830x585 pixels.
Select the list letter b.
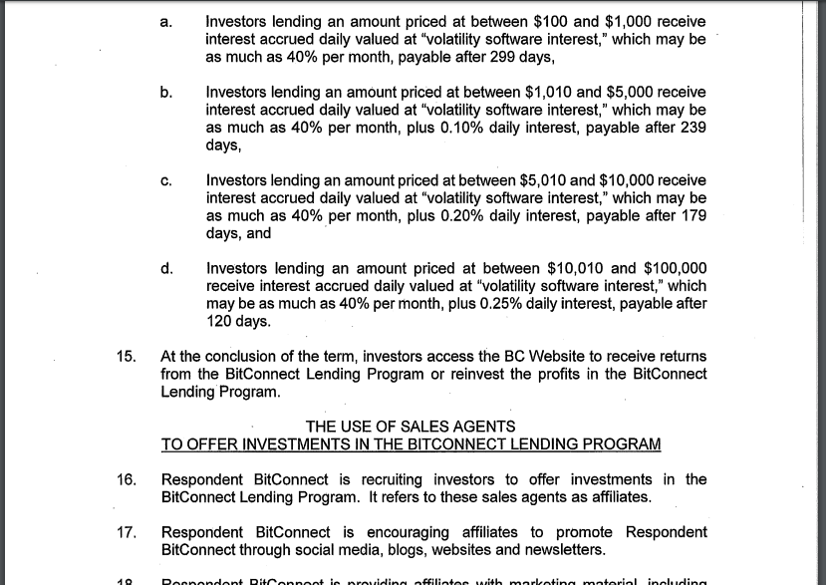(165, 93)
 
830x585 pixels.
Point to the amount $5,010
(543, 180)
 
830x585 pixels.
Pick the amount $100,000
(676, 268)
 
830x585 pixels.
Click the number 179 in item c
(693, 216)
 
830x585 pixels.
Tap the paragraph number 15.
(126, 357)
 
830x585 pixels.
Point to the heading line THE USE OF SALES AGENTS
(411, 427)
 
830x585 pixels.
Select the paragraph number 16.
(126, 480)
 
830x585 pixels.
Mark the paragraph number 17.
(126, 533)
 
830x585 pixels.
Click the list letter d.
(166, 268)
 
